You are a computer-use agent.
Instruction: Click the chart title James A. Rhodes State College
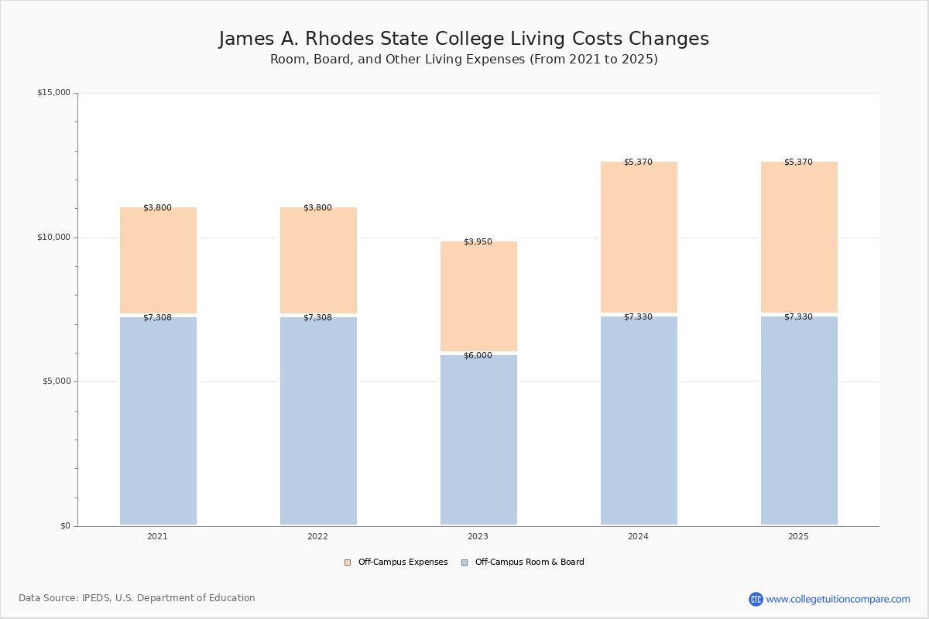point(464,39)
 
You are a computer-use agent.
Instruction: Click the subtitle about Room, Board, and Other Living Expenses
point(464,60)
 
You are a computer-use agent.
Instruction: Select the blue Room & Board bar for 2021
point(158,422)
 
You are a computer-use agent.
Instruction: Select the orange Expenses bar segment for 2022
point(318,262)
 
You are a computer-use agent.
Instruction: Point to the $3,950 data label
point(478,242)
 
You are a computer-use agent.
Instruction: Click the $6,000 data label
point(478,356)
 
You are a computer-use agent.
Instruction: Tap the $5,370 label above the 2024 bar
point(638,162)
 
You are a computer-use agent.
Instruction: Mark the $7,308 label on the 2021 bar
point(157,318)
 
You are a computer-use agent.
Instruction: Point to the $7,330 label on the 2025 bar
point(798,317)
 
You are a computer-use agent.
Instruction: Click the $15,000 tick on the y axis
point(53,93)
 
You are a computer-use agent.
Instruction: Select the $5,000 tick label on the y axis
point(56,381)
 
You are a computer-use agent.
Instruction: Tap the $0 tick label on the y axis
point(65,526)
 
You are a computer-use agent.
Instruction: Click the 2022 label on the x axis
point(317,537)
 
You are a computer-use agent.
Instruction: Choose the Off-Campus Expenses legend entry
point(396,563)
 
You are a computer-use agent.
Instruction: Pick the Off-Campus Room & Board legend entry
point(523,563)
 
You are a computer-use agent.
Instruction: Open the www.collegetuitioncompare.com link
point(838,599)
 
